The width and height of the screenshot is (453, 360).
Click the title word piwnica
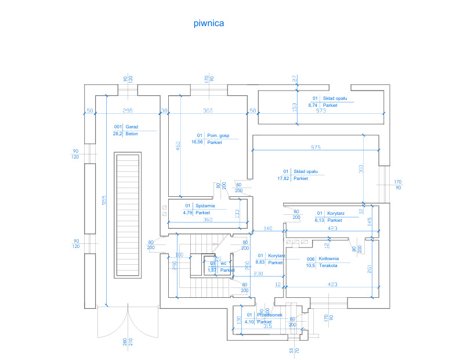[x=209, y=24]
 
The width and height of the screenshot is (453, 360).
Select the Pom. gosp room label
[x=218, y=135]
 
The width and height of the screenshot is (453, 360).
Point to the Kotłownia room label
[x=328, y=259]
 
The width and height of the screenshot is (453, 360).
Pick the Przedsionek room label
[x=270, y=315]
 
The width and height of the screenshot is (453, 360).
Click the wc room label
[x=224, y=263]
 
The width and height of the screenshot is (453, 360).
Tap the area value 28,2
[x=117, y=134]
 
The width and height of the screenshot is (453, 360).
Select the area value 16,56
[x=197, y=142]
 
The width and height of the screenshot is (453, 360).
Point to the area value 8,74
[x=313, y=105]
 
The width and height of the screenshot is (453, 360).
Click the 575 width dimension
[x=316, y=147]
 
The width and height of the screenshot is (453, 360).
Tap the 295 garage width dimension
[x=128, y=110]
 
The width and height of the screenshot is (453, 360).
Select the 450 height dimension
[x=179, y=147]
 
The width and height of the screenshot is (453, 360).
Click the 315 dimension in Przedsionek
[x=267, y=326]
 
